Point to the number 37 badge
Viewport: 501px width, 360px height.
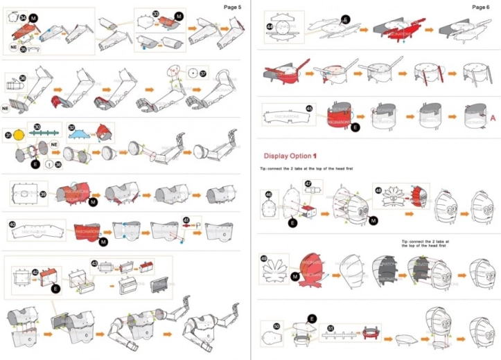[x=202, y=73]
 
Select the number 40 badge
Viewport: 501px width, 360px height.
[x=12, y=224]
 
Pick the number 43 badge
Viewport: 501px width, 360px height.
[x=94, y=263]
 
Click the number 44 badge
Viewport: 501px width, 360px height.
[x=270, y=26]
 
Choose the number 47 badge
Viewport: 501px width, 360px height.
[x=309, y=183]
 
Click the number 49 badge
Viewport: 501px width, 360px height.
[x=264, y=258]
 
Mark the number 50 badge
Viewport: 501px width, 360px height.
[x=277, y=326]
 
